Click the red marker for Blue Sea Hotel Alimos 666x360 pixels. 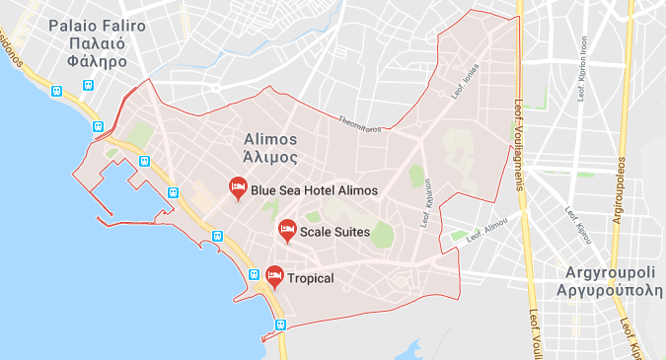coord(238,186)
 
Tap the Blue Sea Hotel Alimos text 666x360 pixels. coord(314,190)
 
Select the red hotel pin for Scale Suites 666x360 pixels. coord(287,229)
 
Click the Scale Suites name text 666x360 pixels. coord(334,233)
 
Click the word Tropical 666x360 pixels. coord(311,279)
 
